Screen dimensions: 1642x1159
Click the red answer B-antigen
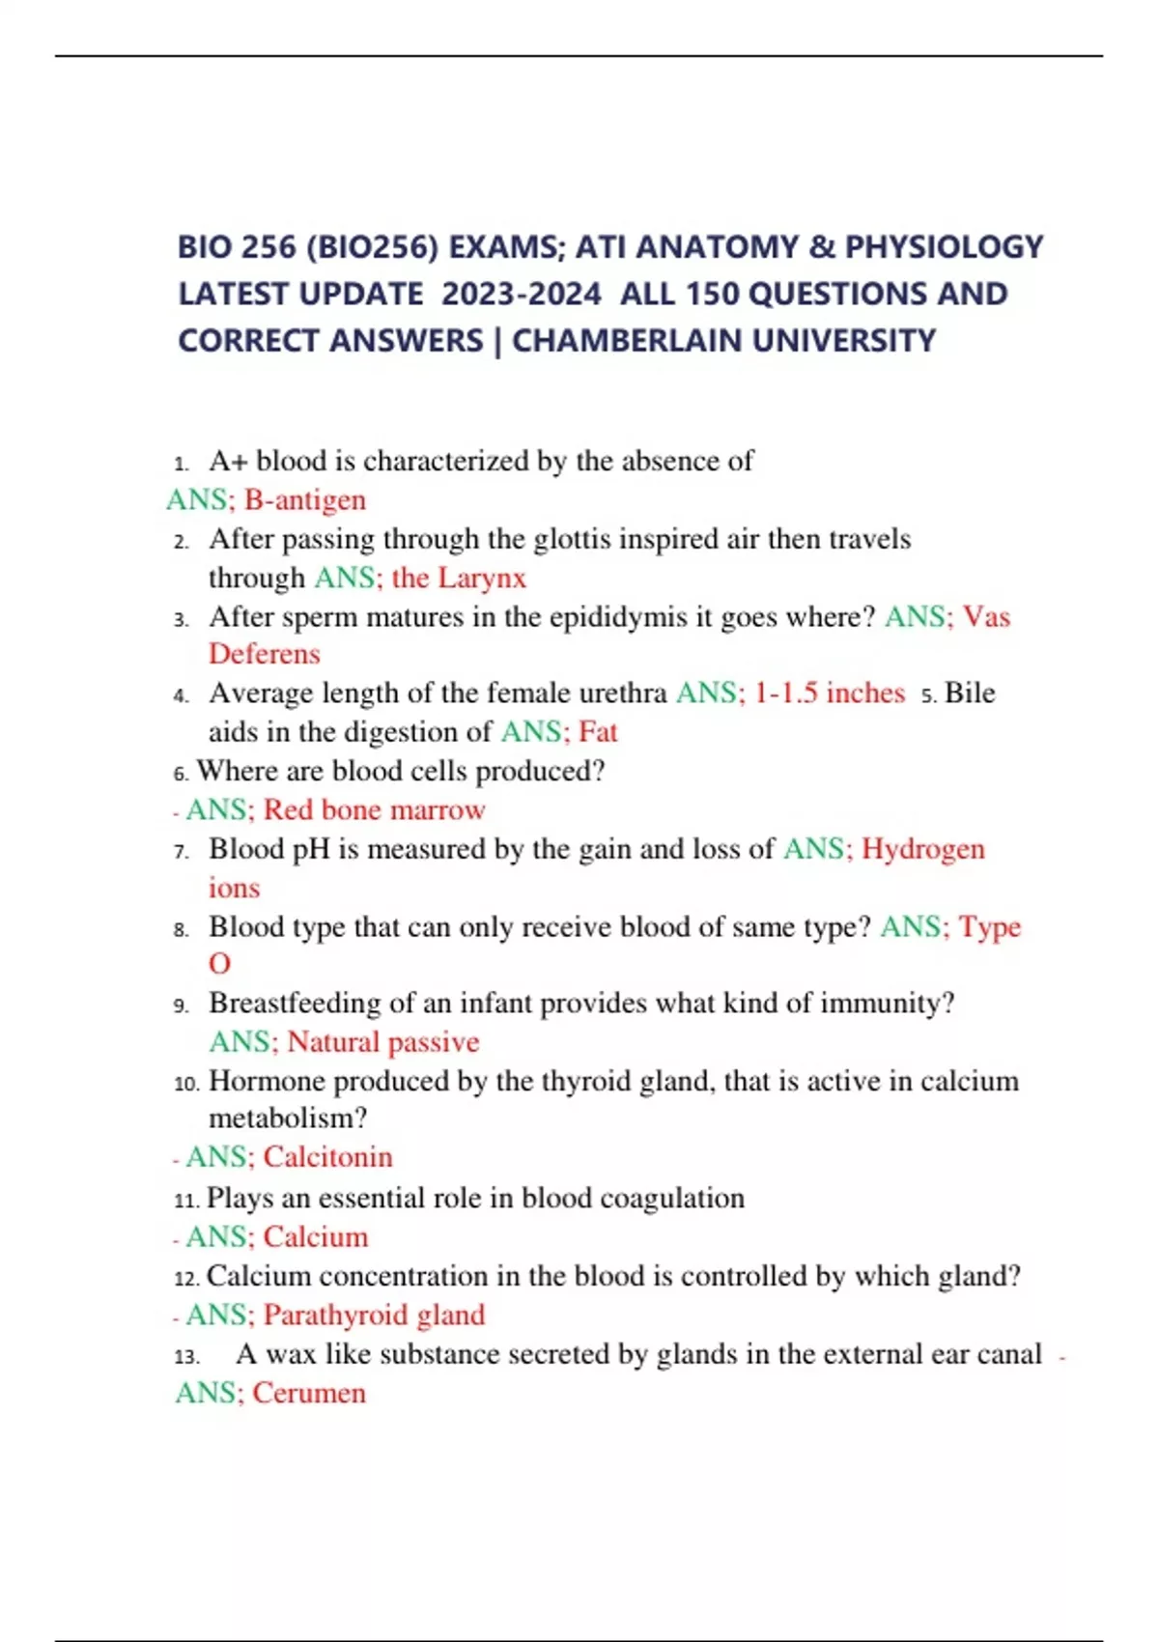click(305, 500)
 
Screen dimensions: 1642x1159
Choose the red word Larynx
click(482, 578)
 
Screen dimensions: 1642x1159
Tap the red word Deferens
click(264, 654)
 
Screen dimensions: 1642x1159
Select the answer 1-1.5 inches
click(830, 694)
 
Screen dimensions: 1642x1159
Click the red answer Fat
click(598, 732)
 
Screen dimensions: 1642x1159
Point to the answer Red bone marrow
click(375, 809)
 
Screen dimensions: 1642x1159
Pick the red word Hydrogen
click(923, 849)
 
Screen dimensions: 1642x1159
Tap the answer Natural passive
click(383, 1042)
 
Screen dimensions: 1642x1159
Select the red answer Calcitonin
click(328, 1157)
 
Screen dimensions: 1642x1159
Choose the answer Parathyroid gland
click(375, 1315)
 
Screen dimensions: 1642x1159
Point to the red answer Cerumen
click(309, 1393)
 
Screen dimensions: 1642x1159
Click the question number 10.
click(186, 1084)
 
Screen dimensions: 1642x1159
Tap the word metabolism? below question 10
click(288, 1118)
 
